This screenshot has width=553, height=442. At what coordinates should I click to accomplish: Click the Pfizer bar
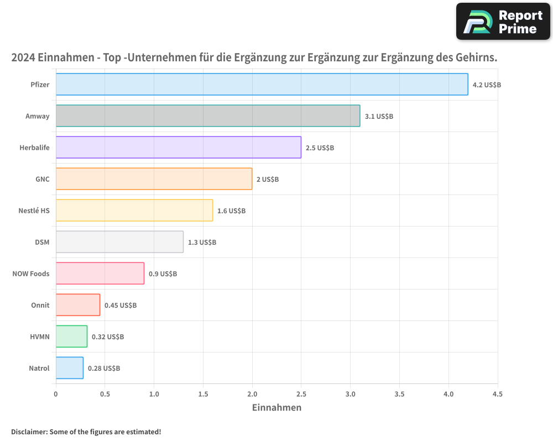pos(262,85)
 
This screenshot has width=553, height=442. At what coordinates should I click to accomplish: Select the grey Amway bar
pos(208,116)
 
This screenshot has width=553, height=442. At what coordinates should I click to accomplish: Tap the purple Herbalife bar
pos(178,148)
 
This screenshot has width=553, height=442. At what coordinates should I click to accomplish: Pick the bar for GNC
pos(154,179)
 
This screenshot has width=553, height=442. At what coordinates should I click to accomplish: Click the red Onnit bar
pos(78,305)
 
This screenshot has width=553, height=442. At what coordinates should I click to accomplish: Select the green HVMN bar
pos(71,336)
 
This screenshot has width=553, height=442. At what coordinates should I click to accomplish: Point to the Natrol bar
pos(70,368)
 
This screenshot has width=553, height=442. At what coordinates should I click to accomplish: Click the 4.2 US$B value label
pos(487,85)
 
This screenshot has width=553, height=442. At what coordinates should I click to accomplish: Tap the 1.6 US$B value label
pos(231,211)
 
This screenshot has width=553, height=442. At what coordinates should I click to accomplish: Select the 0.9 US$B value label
pos(163,274)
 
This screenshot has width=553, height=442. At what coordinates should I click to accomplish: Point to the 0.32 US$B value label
pos(108,337)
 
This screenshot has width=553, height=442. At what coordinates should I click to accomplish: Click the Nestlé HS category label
pos(34,211)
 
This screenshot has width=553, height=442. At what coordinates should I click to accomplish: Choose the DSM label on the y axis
pos(42,242)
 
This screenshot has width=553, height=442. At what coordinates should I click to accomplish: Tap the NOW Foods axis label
pos(31,273)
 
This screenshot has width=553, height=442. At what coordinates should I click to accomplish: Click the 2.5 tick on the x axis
pos(301,394)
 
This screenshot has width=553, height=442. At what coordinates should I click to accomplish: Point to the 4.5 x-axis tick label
pos(498,394)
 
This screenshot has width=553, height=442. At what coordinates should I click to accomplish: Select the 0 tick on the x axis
pos(56,394)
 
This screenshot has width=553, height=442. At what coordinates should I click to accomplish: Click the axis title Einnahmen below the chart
pos(276,408)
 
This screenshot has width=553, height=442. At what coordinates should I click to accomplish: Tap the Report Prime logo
pos(503,22)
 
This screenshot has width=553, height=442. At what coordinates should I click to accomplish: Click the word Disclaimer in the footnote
pos(29,432)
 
